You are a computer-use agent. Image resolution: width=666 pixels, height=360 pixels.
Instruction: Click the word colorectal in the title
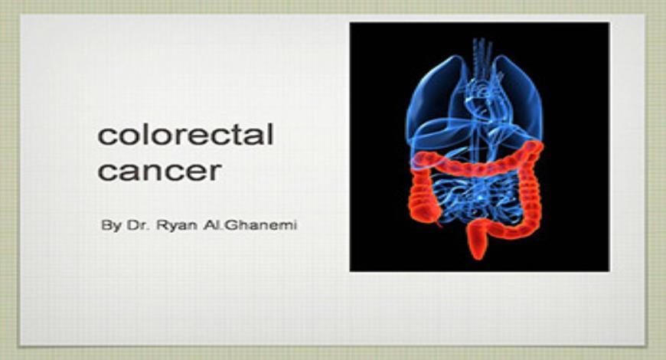coord(185,136)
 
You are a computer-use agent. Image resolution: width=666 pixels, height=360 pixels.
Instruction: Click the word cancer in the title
coord(159,170)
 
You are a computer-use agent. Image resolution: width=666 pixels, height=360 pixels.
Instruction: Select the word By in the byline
coord(110,227)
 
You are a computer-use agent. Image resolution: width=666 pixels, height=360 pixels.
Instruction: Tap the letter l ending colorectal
coord(269,134)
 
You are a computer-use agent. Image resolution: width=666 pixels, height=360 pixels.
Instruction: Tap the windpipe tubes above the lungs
coord(480,54)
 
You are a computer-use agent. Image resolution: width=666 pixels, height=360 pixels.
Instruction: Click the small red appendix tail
coord(440,226)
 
